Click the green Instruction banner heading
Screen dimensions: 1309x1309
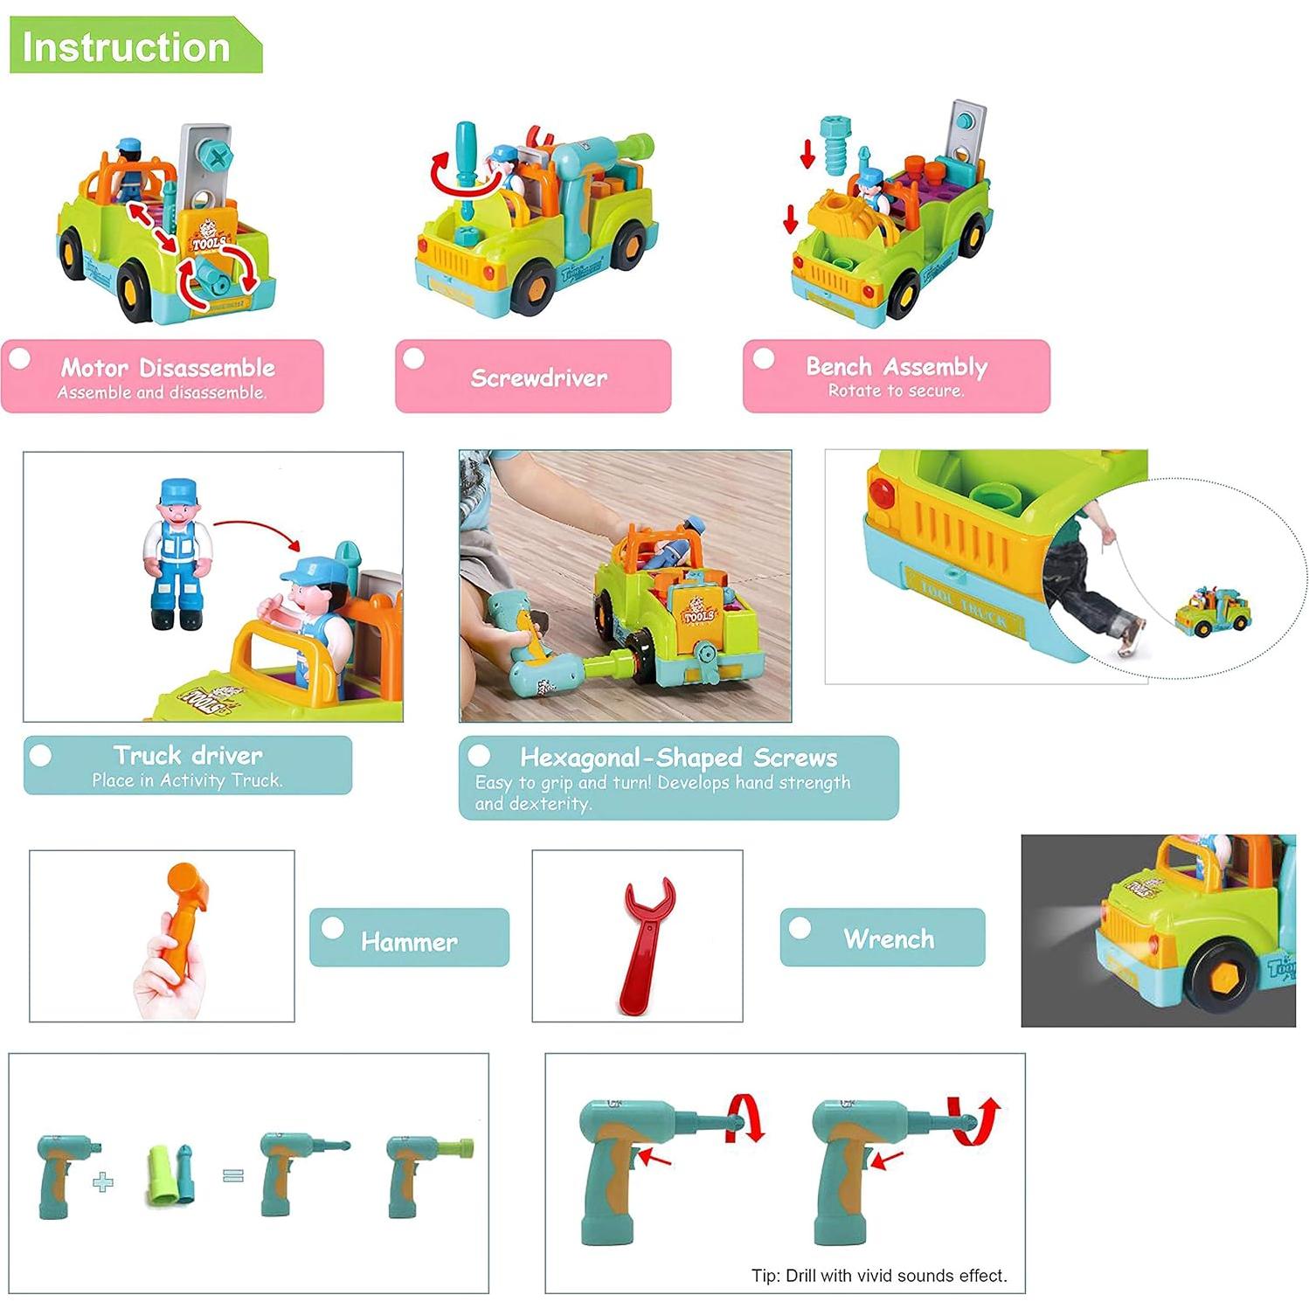127,46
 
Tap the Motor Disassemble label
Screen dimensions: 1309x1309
167,368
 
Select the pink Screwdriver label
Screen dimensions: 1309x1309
538,377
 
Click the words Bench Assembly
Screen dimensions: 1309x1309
897,367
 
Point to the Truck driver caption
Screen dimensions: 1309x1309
188,756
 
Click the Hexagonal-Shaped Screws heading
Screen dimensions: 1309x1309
678,758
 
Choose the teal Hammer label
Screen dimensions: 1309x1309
409,941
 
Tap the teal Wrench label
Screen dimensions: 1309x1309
889,938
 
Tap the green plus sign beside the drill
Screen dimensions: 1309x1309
103,1182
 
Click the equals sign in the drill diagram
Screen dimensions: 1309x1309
232,1176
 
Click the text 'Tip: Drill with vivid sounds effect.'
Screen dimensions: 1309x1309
879,1276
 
